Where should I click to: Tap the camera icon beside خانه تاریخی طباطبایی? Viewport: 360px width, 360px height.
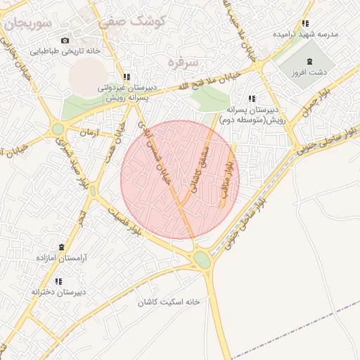coord(65,41)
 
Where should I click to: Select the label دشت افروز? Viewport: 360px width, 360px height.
coord(314,72)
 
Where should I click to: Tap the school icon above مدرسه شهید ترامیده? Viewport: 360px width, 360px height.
coord(304,23)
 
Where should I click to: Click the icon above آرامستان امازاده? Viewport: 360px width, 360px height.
coord(61,247)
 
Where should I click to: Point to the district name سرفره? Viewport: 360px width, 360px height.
coord(184,63)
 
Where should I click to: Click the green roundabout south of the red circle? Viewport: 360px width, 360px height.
coord(202,260)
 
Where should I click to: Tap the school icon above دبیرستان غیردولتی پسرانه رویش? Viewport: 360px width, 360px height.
coord(126,77)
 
